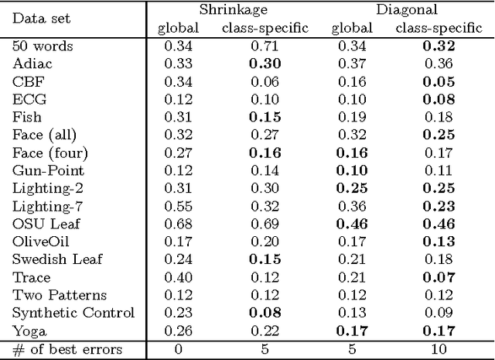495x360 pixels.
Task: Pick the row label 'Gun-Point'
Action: tap(48, 170)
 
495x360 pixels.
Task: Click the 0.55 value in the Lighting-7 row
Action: tap(179, 206)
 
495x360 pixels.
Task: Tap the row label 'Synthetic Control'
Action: tap(73, 313)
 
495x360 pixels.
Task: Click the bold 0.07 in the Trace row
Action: tap(439, 277)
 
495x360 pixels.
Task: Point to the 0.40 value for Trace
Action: tap(179, 277)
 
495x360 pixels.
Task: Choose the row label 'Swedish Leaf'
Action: tap(57, 259)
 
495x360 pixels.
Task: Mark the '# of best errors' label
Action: tap(68, 349)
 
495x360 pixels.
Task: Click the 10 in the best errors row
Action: tap(439, 349)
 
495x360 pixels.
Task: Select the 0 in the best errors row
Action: tap(179, 349)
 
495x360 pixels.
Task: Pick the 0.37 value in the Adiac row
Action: tap(353, 63)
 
